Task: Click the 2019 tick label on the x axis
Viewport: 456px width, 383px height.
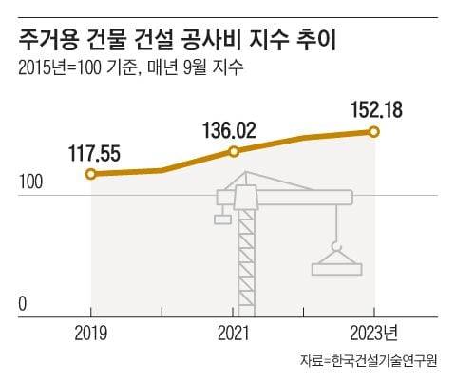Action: click(x=90, y=334)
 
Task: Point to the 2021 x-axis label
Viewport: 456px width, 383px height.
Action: click(x=233, y=334)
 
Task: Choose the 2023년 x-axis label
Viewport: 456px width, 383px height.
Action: click(x=379, y=334)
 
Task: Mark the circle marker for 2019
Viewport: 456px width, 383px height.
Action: click(x=90, y=174)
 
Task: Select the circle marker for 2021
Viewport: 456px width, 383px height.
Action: click(x=233, y=151)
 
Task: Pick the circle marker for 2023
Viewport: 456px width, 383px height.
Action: click(x=374, y=131)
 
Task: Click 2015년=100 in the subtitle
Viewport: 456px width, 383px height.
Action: click(x=58, y=67)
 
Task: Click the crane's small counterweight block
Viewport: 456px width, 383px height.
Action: click(x=222, y=220)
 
